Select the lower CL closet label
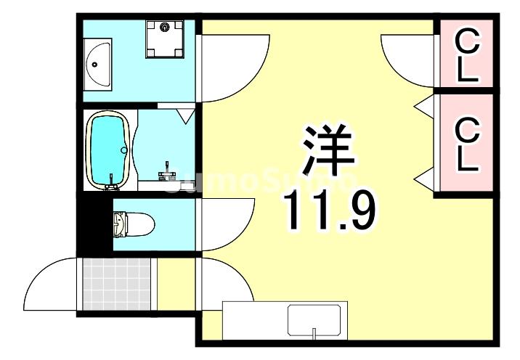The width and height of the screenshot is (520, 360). pyautogui.click(x=468, y=145)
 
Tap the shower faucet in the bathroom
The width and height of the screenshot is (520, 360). pyautogui.click(x=168, y=170)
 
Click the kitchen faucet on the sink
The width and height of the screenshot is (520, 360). pyautogui.click(x=314, y=334)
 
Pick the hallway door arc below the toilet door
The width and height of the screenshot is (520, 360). pyautogui.click(x=225, y=279)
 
